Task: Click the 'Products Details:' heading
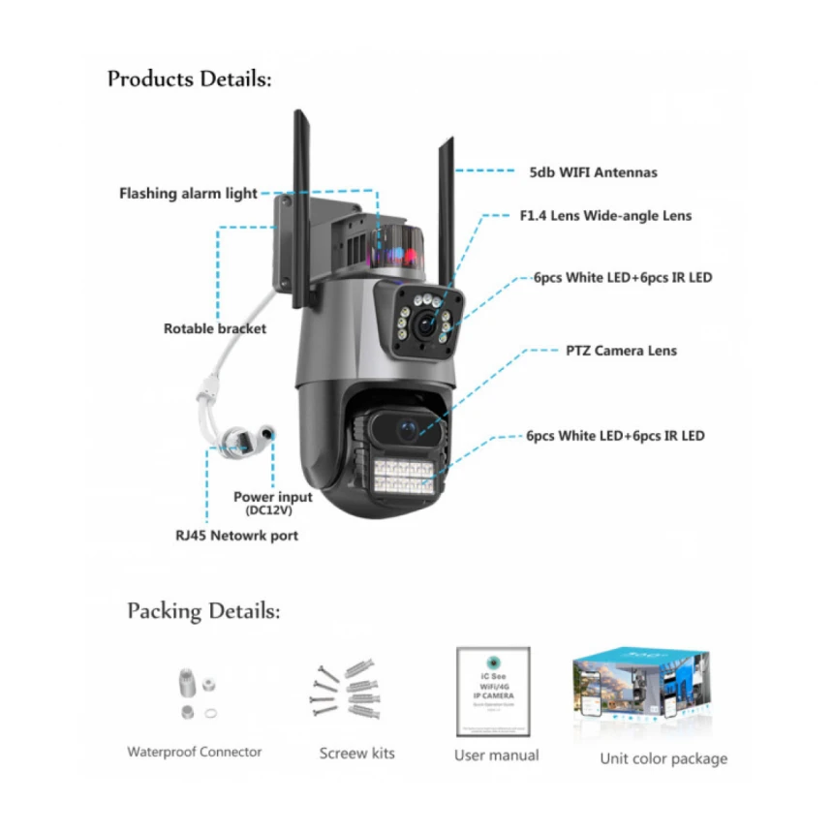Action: point(189,78)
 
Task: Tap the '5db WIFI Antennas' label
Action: point(593,172)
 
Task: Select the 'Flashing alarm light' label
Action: point(188,194)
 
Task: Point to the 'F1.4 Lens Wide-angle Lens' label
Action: point(605,216)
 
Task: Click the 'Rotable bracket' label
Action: point(215,328)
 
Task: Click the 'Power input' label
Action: point(273,497)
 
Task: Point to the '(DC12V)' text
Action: point(273,510)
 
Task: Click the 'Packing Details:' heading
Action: point(203,611)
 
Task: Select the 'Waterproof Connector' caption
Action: point(195,752)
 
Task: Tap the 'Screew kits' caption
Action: point(357,753)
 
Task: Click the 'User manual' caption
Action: point(496,755)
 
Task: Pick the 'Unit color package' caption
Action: point(663,758)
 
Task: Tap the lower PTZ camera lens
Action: point(403,426)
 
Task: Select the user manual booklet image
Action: point(493,692)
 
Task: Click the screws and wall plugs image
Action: point(350,690)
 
